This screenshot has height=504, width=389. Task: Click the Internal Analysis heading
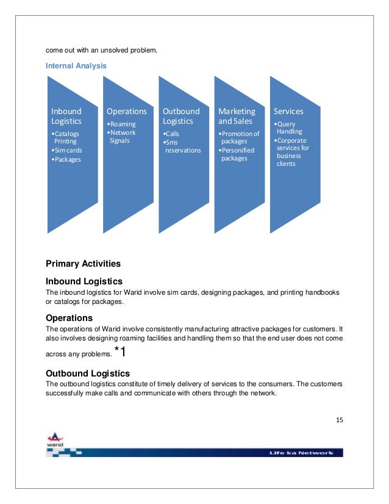pos(76,65)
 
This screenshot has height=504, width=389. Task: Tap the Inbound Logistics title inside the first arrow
pos(66,116)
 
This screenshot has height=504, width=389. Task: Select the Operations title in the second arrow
pos(127,112)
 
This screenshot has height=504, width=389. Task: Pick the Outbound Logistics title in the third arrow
pos(181,116)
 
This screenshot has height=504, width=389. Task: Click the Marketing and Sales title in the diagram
pos(237,116)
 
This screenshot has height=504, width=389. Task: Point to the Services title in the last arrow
pos(288,112)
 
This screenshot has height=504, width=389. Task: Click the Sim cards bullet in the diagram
pos(67,150)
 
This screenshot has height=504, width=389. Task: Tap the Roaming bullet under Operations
pos(121,124)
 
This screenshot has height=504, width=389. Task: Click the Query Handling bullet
pos(289,128)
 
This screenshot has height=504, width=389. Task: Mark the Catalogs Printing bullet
pos(65,137)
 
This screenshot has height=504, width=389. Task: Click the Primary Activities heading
pos(83,264)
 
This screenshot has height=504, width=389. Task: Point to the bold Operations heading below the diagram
pos(69,318)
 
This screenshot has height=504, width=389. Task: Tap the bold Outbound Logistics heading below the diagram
pos(88,373)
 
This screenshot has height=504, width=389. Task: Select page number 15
pos(339,420)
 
